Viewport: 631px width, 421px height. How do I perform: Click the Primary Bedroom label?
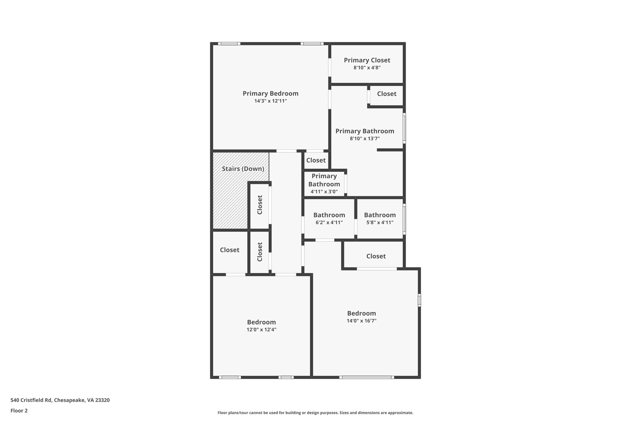point(270,93)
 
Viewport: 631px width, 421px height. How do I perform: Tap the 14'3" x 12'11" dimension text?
point(270,101)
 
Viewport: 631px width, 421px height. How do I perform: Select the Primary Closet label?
point(367,60)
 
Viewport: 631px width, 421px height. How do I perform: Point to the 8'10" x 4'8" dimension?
point(367,68)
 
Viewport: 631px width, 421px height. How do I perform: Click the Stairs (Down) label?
point(243,169)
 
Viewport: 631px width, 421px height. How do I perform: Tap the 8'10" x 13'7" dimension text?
point(364,138)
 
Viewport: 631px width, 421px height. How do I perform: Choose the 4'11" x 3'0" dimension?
point(324,192)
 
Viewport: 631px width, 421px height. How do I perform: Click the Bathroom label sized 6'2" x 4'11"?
point(329,215)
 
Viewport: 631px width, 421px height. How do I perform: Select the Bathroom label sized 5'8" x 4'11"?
point(380,215)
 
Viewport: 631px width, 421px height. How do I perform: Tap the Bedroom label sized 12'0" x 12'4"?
point(261,322)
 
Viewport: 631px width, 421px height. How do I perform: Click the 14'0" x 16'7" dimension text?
point(361,321)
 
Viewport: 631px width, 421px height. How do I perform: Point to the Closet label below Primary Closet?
point(386,94)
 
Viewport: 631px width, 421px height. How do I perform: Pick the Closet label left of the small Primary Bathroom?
point(316,160)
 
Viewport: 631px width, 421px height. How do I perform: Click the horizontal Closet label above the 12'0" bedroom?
point(230,250)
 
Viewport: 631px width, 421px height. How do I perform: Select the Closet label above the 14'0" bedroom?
point(376,256)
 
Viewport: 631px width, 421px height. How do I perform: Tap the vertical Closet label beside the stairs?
point(260,205)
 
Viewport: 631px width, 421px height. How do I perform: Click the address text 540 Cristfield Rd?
point(60,400)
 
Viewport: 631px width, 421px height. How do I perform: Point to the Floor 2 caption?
point(19,411)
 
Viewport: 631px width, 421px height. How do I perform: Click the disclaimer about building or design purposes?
point(315,413)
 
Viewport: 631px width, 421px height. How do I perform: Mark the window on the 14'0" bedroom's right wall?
point(419,300)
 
